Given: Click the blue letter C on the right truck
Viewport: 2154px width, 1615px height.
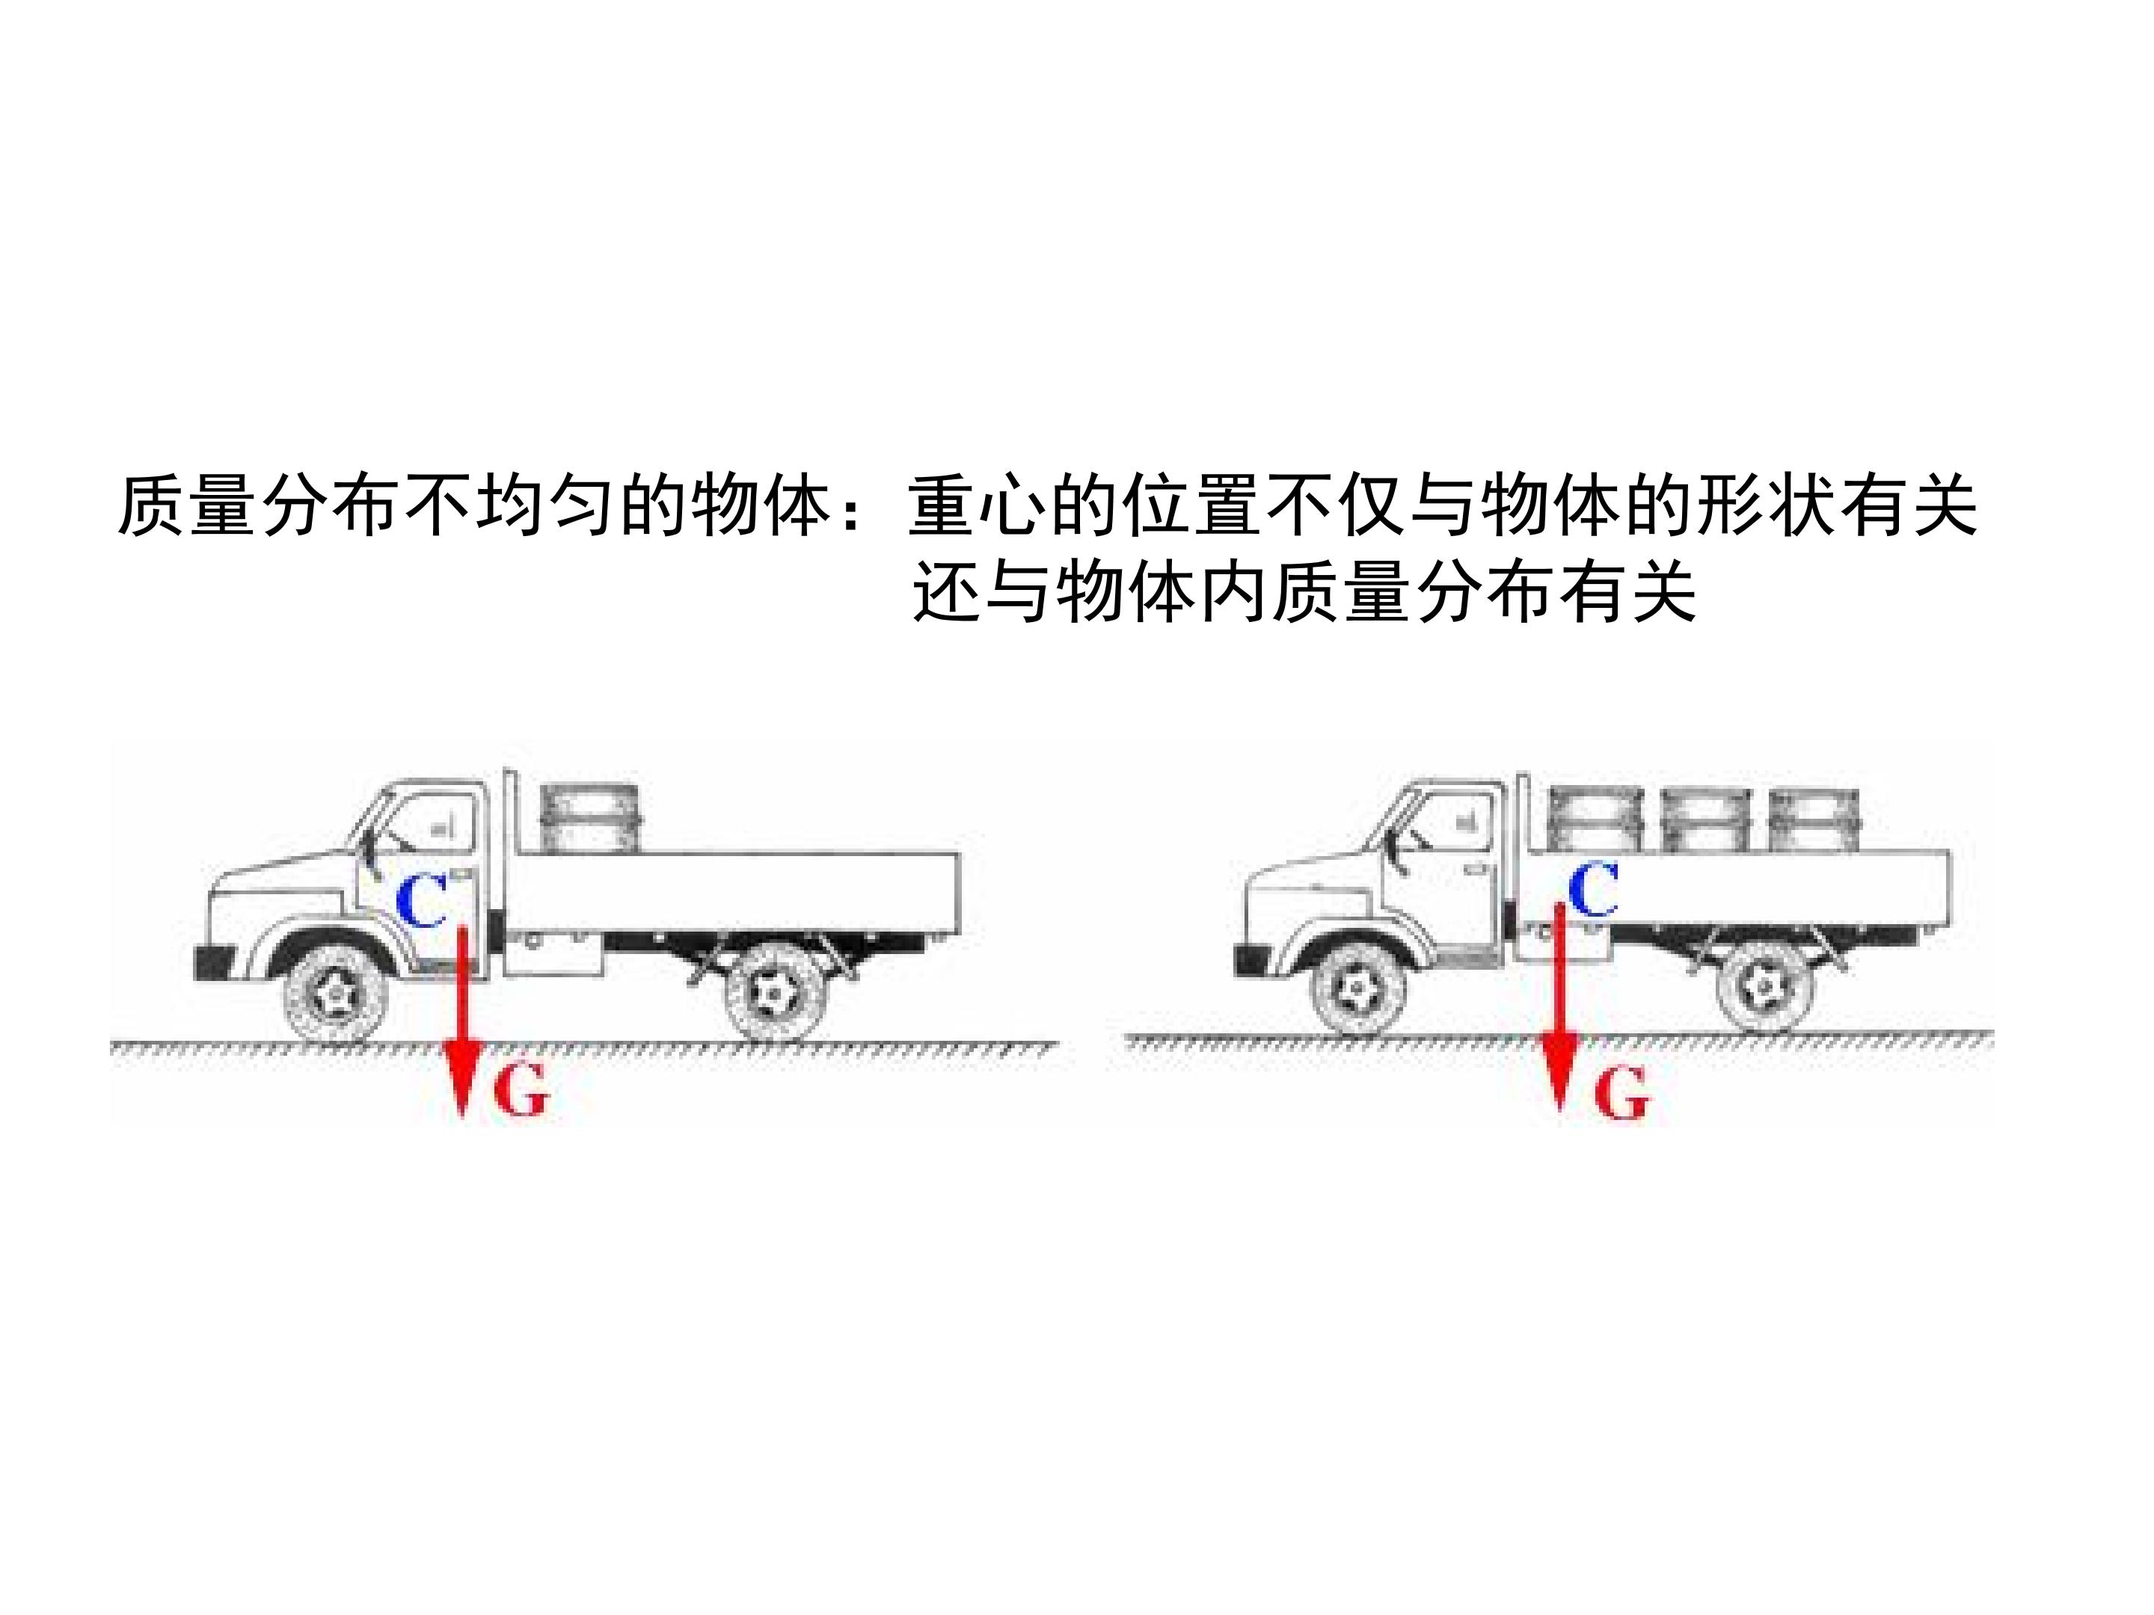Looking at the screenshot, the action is [1594, 890].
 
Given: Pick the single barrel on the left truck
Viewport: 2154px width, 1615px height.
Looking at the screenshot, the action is [590, 819].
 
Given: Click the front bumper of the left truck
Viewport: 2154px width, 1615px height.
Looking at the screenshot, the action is [215, 962].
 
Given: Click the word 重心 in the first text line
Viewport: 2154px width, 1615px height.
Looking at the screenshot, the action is [978, 506].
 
